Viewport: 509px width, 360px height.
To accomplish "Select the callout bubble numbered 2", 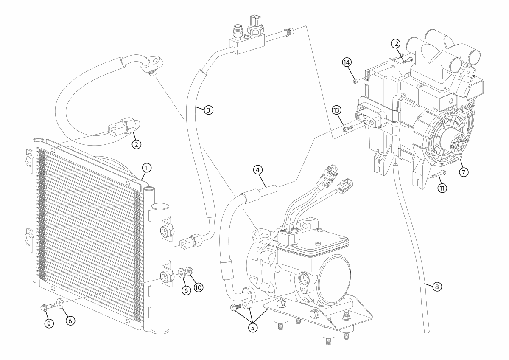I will [x=136, y=144].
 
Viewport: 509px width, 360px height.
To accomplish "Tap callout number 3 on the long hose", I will [x=207, y=110].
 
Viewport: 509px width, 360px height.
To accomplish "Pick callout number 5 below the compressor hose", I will [x=253, y=328].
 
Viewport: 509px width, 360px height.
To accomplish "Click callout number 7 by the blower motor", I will [x=463, y=172].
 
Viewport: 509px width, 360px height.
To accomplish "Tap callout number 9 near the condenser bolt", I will [x=49, y=323].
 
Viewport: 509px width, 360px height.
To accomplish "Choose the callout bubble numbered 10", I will [x=198, y=287].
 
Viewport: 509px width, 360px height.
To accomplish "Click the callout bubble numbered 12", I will [x=395, y=43].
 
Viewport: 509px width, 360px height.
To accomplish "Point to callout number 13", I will [x=336, y=110].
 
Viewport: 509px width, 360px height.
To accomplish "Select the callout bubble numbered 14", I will [x=347, y=62].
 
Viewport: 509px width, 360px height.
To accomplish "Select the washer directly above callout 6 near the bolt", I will [x=59, y=303].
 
